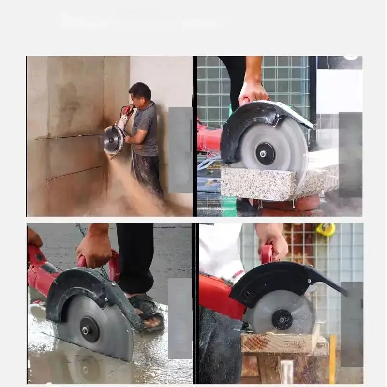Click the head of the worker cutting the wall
[140, 92]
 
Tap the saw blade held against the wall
[114, 139]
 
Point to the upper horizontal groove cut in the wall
[73, 136]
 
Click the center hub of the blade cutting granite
[265, 153]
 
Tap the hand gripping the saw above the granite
[253, 92]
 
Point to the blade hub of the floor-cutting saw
[89, 330]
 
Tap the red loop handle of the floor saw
[113, 266]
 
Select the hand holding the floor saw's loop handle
[95, 247]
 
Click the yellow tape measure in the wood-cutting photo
[326, 229]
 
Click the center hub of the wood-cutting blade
[282, 319]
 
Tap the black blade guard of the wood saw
[281, 281]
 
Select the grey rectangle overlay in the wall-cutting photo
[179, 150]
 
